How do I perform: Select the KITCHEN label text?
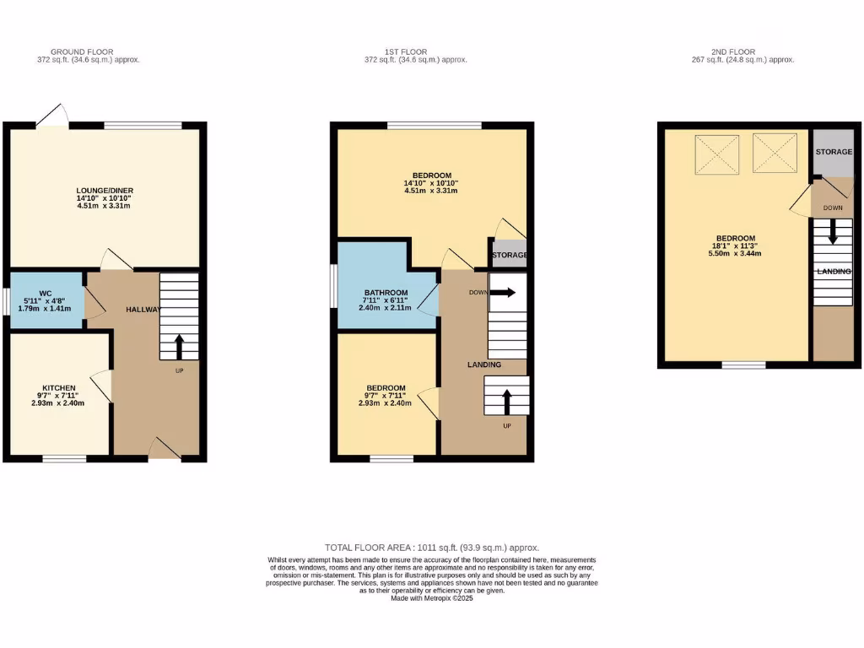tap(59, 388)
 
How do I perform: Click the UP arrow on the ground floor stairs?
tap(179, 345)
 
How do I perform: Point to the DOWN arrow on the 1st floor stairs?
tap(505, 293)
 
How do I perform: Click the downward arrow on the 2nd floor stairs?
tap(833, 231)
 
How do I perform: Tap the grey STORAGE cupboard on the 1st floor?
tap(509, 255)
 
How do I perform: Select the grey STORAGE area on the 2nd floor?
tap(834, 152)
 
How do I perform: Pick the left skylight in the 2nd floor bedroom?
tap(715, 153)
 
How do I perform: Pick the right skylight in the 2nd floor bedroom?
tap(775, 153)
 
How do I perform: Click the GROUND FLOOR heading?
tap(82, 52)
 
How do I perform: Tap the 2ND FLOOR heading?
tap(734, 52)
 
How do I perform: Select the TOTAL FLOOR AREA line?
tap(431, 548)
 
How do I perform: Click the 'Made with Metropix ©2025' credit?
tap(432, 598)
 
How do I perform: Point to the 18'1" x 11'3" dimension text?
tap(736, 246)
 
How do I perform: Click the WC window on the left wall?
tap(5, 300)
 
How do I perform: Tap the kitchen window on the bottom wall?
tap(64, 459)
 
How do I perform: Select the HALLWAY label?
tap(143, 310)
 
